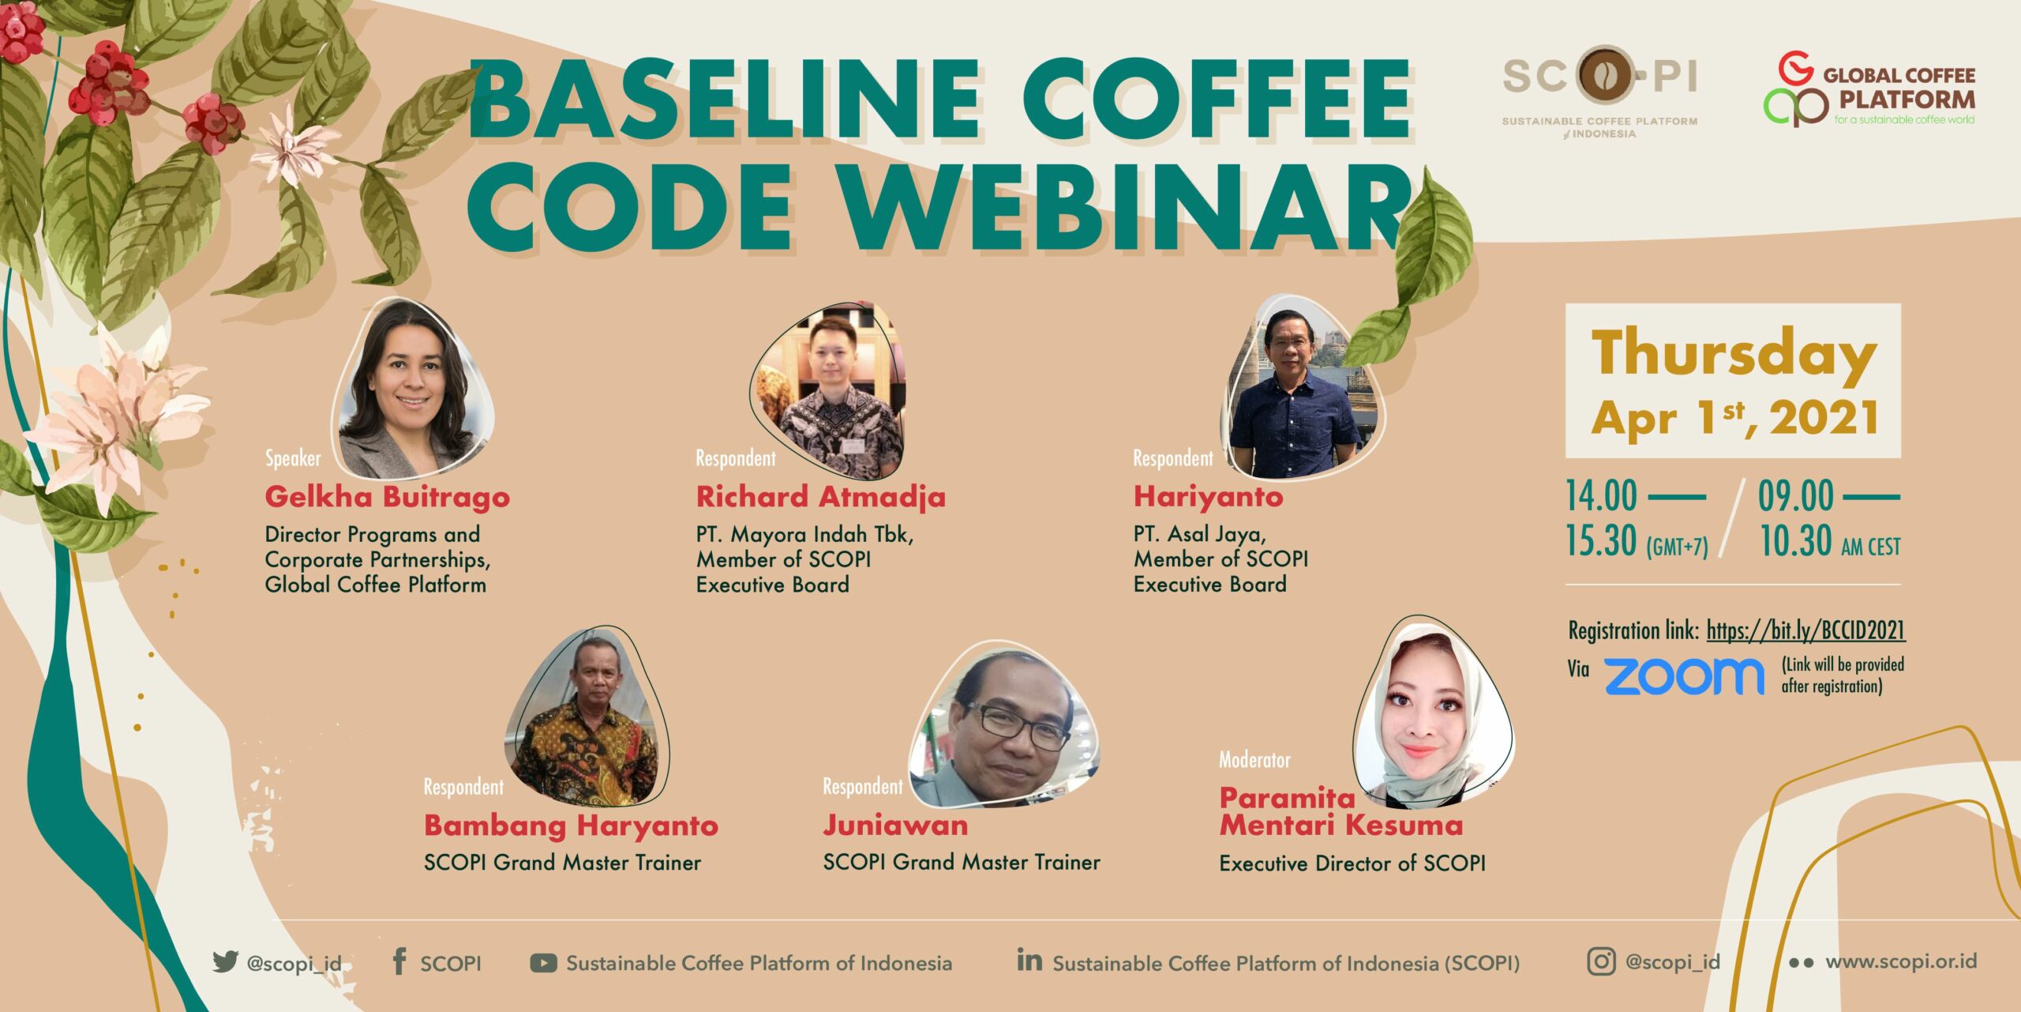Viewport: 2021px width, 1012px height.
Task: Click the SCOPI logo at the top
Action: (1599, 91)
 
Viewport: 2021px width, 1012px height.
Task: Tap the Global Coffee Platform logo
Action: (1869, 89)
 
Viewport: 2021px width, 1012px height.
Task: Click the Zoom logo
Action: (1684, 676)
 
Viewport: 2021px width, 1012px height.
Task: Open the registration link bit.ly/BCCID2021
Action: (1805, 630)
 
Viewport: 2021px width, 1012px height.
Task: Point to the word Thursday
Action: (1734, 354)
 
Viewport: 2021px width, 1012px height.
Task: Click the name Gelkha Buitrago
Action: (387, 497)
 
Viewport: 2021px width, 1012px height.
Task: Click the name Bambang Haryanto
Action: (571, 826)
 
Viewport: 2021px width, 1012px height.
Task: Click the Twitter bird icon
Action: (225, 961)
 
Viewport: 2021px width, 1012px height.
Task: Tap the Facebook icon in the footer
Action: (399, 961)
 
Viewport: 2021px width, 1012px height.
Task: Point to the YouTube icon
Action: (543, 962)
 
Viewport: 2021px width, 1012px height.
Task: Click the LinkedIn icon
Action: (1029, 960)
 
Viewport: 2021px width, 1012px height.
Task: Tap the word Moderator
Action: (1254, 760)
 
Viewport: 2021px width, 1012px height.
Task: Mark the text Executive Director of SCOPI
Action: (1352, 863)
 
